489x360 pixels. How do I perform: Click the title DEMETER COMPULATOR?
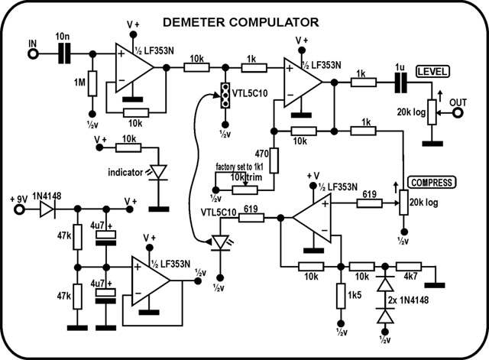(x=241, y=22)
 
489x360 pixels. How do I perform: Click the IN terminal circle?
(x=33, y=54)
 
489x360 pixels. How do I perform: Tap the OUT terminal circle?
(x=458, y=113)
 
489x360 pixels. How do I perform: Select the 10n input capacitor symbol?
(x=64, y=54)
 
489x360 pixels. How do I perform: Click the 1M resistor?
(x=92, y=83)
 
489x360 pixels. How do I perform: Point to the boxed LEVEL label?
(x=432, y=71)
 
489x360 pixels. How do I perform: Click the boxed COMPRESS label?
(x=432, y=183)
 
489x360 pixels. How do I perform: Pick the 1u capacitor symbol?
(x=400, y=83)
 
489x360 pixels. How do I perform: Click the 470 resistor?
(x=274, y=161)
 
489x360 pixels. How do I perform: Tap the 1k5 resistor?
(x=341, y=296)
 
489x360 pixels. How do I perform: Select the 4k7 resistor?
(x=409, y=267)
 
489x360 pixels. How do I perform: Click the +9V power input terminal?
(x=20, y=209)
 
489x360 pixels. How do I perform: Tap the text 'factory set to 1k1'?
(x=239, y=167)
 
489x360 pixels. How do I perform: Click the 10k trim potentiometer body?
(x=244, y=190)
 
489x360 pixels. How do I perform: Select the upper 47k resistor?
(x=78, y=237)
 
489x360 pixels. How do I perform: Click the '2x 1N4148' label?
(x=408, y=300)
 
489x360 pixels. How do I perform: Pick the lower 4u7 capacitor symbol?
(x=105, y=296)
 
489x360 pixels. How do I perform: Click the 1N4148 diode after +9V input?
(x=47, y=209)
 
